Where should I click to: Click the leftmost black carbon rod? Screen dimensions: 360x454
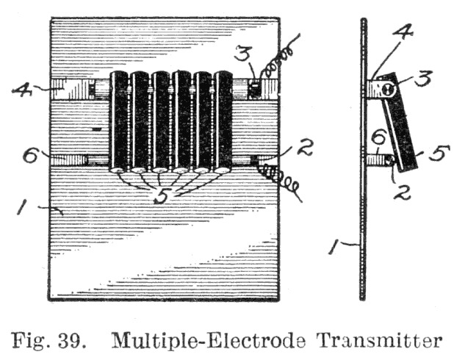click(119, 121)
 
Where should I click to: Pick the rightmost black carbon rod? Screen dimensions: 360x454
click(223, 121)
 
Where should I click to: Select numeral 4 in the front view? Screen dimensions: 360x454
click(22, 90)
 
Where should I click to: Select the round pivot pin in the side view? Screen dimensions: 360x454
click(389, 90)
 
